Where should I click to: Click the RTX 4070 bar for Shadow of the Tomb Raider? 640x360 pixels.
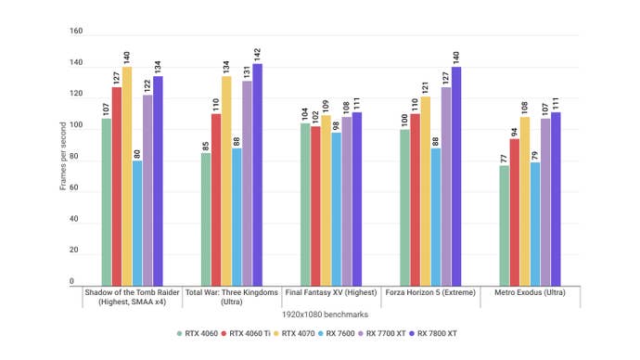(x=127, y=176)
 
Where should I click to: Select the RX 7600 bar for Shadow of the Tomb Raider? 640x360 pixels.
(x=137, y=224)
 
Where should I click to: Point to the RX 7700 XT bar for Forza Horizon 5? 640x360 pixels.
(x=446, y=186)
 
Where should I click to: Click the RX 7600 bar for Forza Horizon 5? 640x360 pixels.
(x=436, y=217)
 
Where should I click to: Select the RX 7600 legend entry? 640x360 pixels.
(x=337, y=331)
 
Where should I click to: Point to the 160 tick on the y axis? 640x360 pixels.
(x=76, y=31)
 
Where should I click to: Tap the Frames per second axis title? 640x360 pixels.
(x=62, y=159)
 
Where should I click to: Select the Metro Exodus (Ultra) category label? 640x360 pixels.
(x=530, y=291)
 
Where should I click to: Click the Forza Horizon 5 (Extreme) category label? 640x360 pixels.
(x=428, y=291)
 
